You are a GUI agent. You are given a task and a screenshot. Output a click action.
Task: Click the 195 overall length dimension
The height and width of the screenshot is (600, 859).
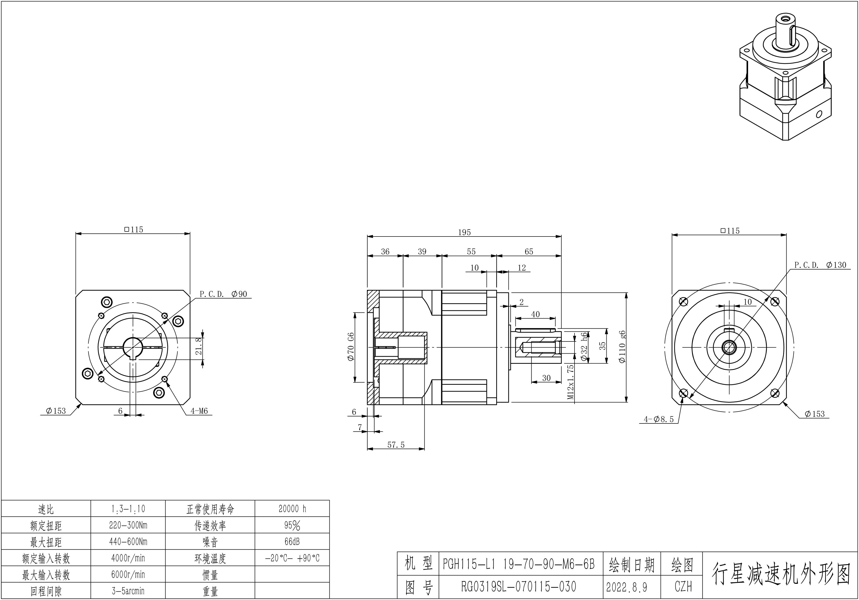point(464,232)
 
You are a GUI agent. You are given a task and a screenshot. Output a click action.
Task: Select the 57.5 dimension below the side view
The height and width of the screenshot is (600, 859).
point(396,445)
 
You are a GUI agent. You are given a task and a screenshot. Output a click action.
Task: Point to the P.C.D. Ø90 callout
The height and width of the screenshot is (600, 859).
point(223,294)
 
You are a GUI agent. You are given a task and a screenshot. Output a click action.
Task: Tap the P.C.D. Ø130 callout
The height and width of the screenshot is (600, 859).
point(820,265)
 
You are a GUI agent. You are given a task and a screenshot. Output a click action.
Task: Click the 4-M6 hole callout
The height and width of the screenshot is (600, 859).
point(199,411)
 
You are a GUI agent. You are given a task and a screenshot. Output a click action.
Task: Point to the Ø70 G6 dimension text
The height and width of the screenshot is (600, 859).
point(351,347)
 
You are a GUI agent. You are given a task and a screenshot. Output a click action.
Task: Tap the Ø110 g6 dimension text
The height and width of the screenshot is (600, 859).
point(622,347)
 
